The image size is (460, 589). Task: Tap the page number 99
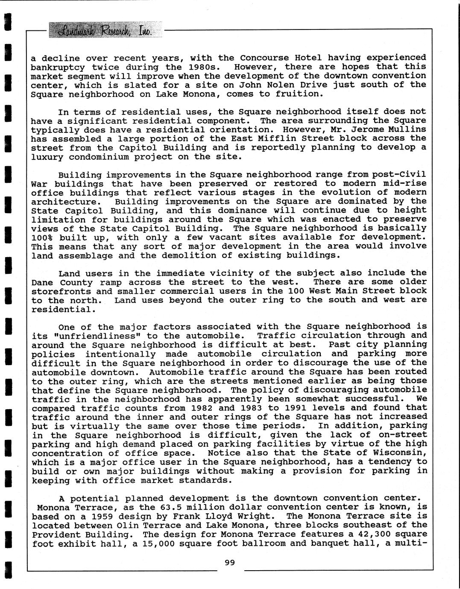point(230,563)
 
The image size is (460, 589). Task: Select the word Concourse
point(264,58)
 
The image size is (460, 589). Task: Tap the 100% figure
point(42,237)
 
